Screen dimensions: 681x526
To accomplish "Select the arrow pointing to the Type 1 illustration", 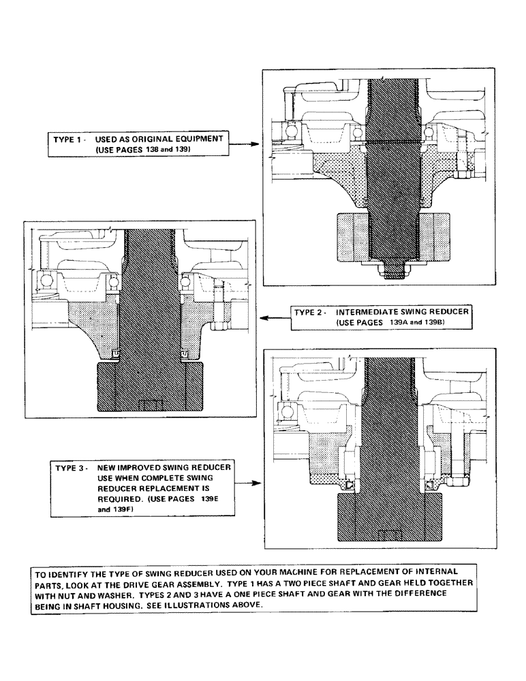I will pos(244,144).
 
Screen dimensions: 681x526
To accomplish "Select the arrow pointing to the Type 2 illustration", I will pos(275,317).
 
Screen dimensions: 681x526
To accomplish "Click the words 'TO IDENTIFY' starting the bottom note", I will pos(61,573).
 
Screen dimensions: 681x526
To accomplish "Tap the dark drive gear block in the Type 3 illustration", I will pos(390,519).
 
